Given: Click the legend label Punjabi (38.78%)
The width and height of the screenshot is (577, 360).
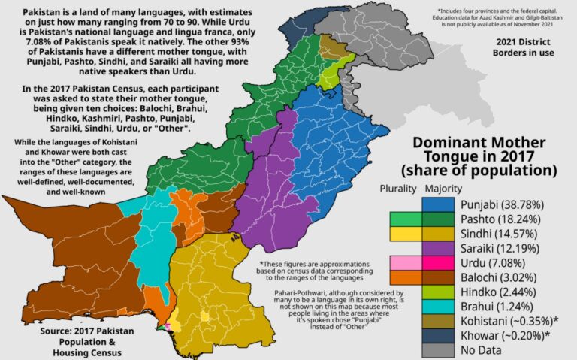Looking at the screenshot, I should click(495, 204).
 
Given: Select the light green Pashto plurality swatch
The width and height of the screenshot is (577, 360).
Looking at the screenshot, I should click(404, 219).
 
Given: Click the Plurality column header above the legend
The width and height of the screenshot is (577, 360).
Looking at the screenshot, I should click(397, 189).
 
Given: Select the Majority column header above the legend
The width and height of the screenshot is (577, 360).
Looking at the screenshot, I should click(443, 189).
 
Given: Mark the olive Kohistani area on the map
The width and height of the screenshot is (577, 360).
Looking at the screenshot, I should click(329, 47).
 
